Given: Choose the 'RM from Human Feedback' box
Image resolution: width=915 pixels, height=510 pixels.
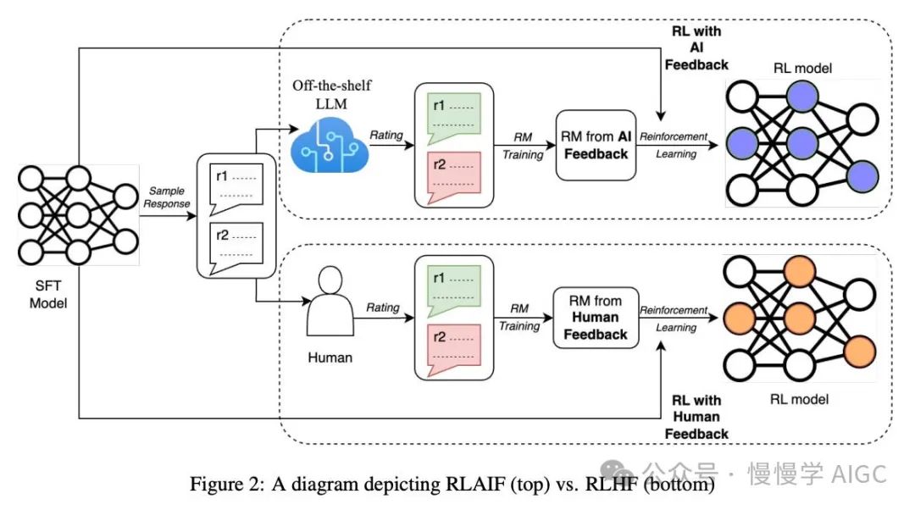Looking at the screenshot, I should click(x=596, y=317).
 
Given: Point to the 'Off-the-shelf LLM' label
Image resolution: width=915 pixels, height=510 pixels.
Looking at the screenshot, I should click(x=331, y=93).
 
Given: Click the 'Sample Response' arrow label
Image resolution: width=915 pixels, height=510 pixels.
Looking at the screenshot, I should click(x=167, y=197).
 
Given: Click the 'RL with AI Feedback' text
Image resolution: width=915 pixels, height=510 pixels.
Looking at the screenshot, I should click(x=696, y=47).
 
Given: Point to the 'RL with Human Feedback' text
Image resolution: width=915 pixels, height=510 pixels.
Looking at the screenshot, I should click(x=696, y=416).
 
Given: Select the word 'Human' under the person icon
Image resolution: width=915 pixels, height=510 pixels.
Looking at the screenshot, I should click(x=330, y=358).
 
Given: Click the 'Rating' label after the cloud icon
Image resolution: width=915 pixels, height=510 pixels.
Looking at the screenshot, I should click(x=385, y=136).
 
